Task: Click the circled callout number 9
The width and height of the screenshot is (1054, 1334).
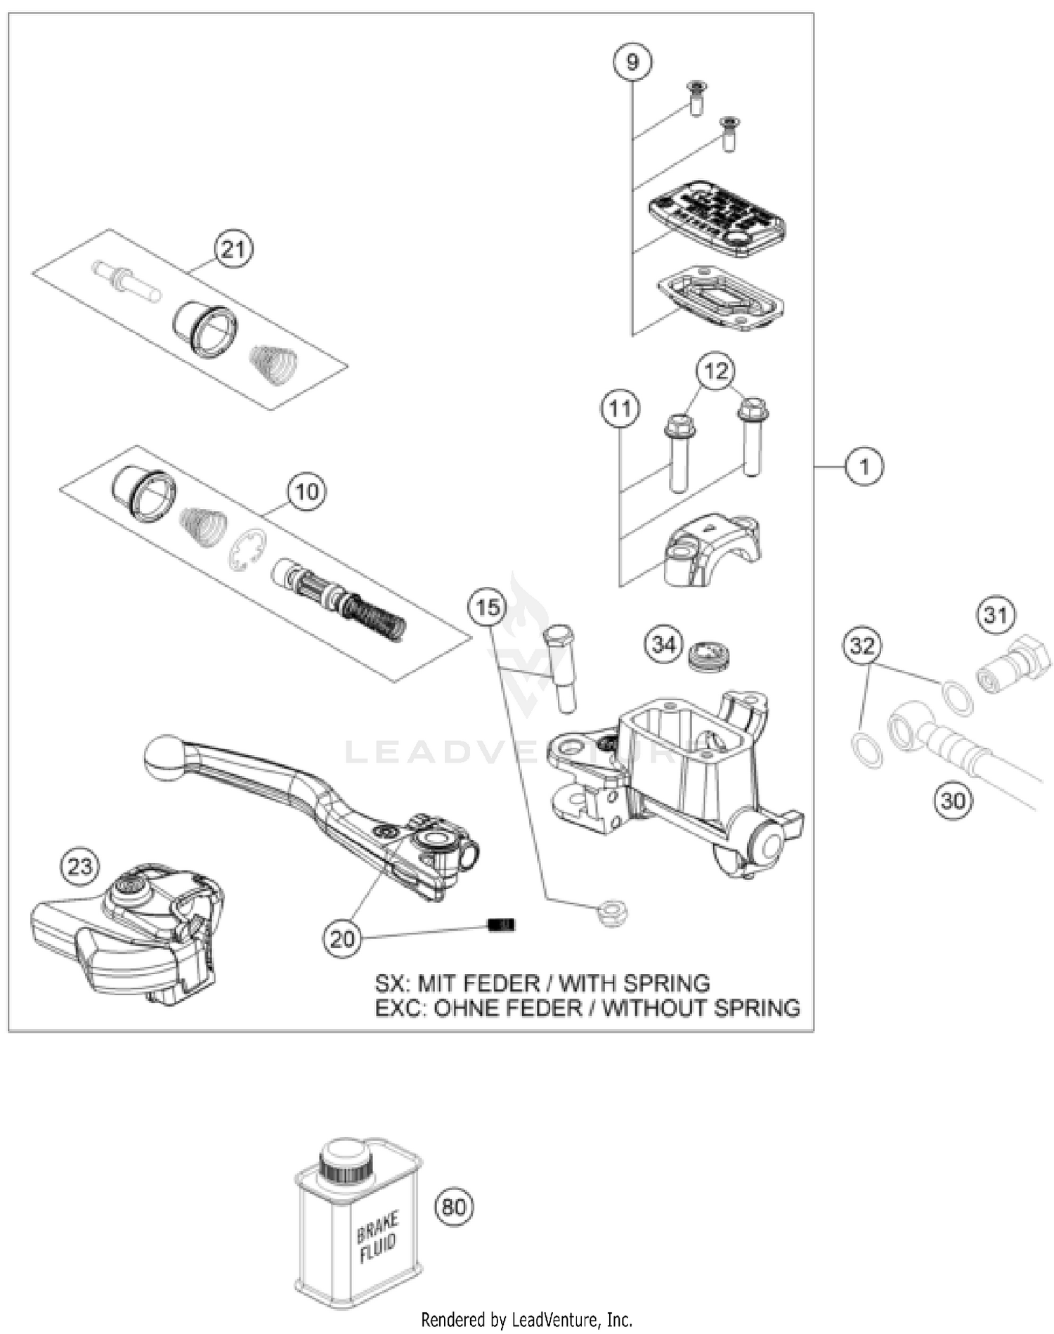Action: [632, 63]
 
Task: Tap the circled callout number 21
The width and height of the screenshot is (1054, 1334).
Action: [233, 250]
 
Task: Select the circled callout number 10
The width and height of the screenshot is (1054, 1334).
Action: [307, 491]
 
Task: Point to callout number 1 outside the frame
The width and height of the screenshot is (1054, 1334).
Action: [864, 466]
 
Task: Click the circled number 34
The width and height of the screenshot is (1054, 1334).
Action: [664, 644]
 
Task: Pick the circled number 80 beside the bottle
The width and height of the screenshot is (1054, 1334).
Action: [454, 1207]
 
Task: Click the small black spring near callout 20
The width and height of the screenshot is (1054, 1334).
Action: [502, 925]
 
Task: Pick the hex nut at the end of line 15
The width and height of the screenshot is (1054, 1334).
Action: [611, 914]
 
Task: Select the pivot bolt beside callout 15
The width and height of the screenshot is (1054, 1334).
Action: [559, 668]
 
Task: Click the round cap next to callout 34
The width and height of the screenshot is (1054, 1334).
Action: [710, 655]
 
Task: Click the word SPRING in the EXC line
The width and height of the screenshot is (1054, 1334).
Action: [756, 1008]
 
